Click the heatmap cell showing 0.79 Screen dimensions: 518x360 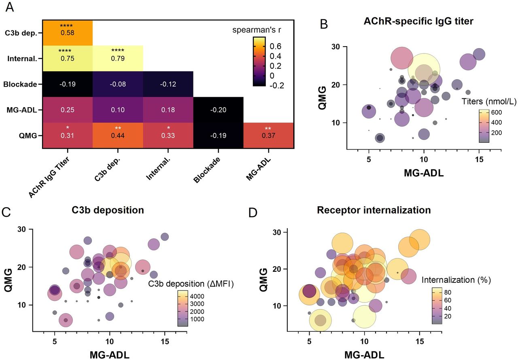tap(118, 58)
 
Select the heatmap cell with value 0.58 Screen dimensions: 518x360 tap(68, 33)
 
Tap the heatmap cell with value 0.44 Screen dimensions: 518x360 tap(118, 136)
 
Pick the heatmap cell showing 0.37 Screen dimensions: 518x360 tap(268, 136)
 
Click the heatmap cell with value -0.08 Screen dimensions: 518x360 tap(118, 84)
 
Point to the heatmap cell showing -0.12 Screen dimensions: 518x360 tap(168, 84)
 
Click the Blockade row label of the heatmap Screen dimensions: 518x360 tap(20, 85)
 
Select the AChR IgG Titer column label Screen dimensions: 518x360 tap(49, 177)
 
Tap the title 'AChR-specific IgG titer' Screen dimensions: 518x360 tap(418, 21)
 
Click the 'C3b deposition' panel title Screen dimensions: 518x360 tap(108, 210)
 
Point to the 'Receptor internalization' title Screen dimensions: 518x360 tap(374, 210)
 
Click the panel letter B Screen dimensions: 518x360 tap(324, 24)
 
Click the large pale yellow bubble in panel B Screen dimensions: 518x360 tap(424, 70)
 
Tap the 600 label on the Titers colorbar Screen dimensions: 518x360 tap(497, 112)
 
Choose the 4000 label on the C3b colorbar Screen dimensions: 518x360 tap(197, 296)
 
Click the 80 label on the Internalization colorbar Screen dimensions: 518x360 tap(448, 292)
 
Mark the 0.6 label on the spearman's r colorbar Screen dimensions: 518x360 tap(276, 47)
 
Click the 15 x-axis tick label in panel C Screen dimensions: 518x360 tap(165, 341)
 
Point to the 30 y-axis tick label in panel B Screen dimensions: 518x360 tap(335, 47)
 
